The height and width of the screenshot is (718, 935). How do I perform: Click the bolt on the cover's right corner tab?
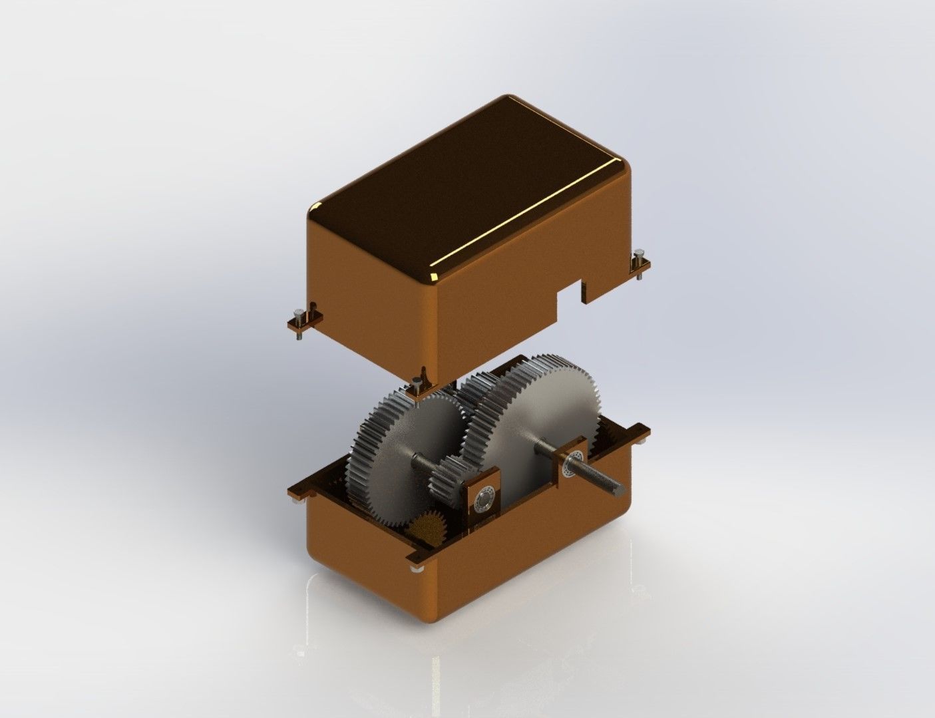[x=640, y=257]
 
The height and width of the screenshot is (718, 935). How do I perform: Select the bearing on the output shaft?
[x=574, y=460]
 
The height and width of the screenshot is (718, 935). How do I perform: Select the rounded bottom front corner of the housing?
[x=426, y=616]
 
